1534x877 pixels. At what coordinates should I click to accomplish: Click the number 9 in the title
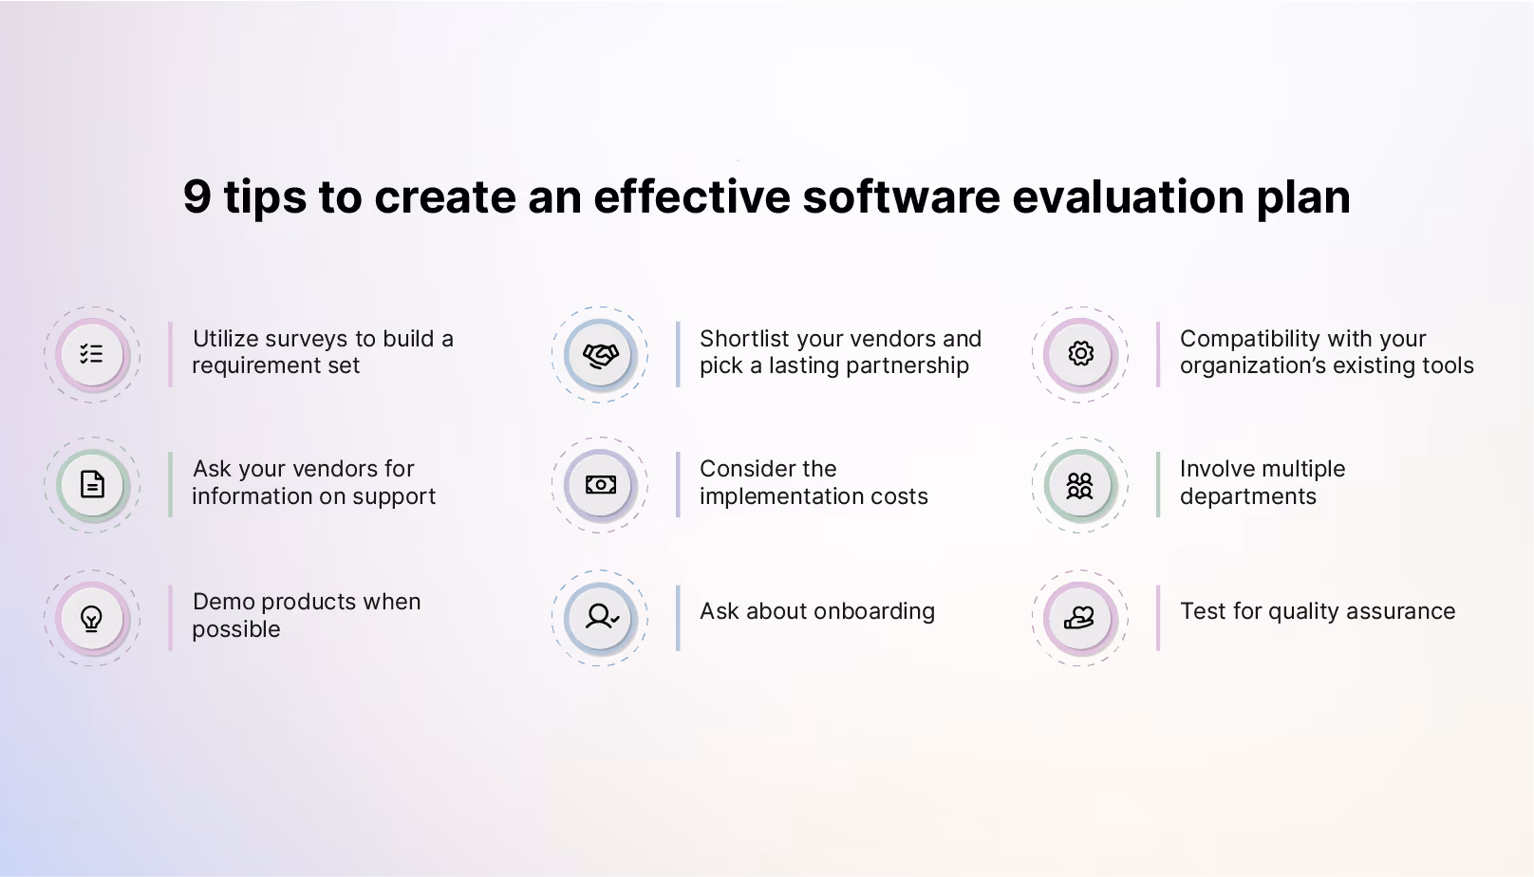click(196, 196)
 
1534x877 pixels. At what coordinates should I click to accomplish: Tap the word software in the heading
click(901, 196)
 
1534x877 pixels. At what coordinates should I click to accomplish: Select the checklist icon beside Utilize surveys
click(91, 354)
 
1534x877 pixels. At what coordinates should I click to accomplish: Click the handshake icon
click(601, 355)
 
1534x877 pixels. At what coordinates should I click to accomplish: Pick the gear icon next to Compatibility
click(1080, 354)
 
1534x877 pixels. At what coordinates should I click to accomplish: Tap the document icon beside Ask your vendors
click(92, 484)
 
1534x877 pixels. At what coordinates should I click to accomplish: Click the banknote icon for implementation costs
click(601, 485)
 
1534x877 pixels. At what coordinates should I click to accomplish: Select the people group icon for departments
click(1080, 485)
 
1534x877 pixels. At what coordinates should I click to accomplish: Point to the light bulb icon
click(92, 618)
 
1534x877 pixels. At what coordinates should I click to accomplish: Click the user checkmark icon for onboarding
click(602, 617)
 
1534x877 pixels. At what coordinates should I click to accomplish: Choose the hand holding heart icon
click(1079, 618)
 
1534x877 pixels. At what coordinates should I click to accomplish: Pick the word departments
click(1247, 497)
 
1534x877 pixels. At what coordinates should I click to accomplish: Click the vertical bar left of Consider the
click(678, 485)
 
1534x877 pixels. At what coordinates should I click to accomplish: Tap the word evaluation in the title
click(1128, 196)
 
